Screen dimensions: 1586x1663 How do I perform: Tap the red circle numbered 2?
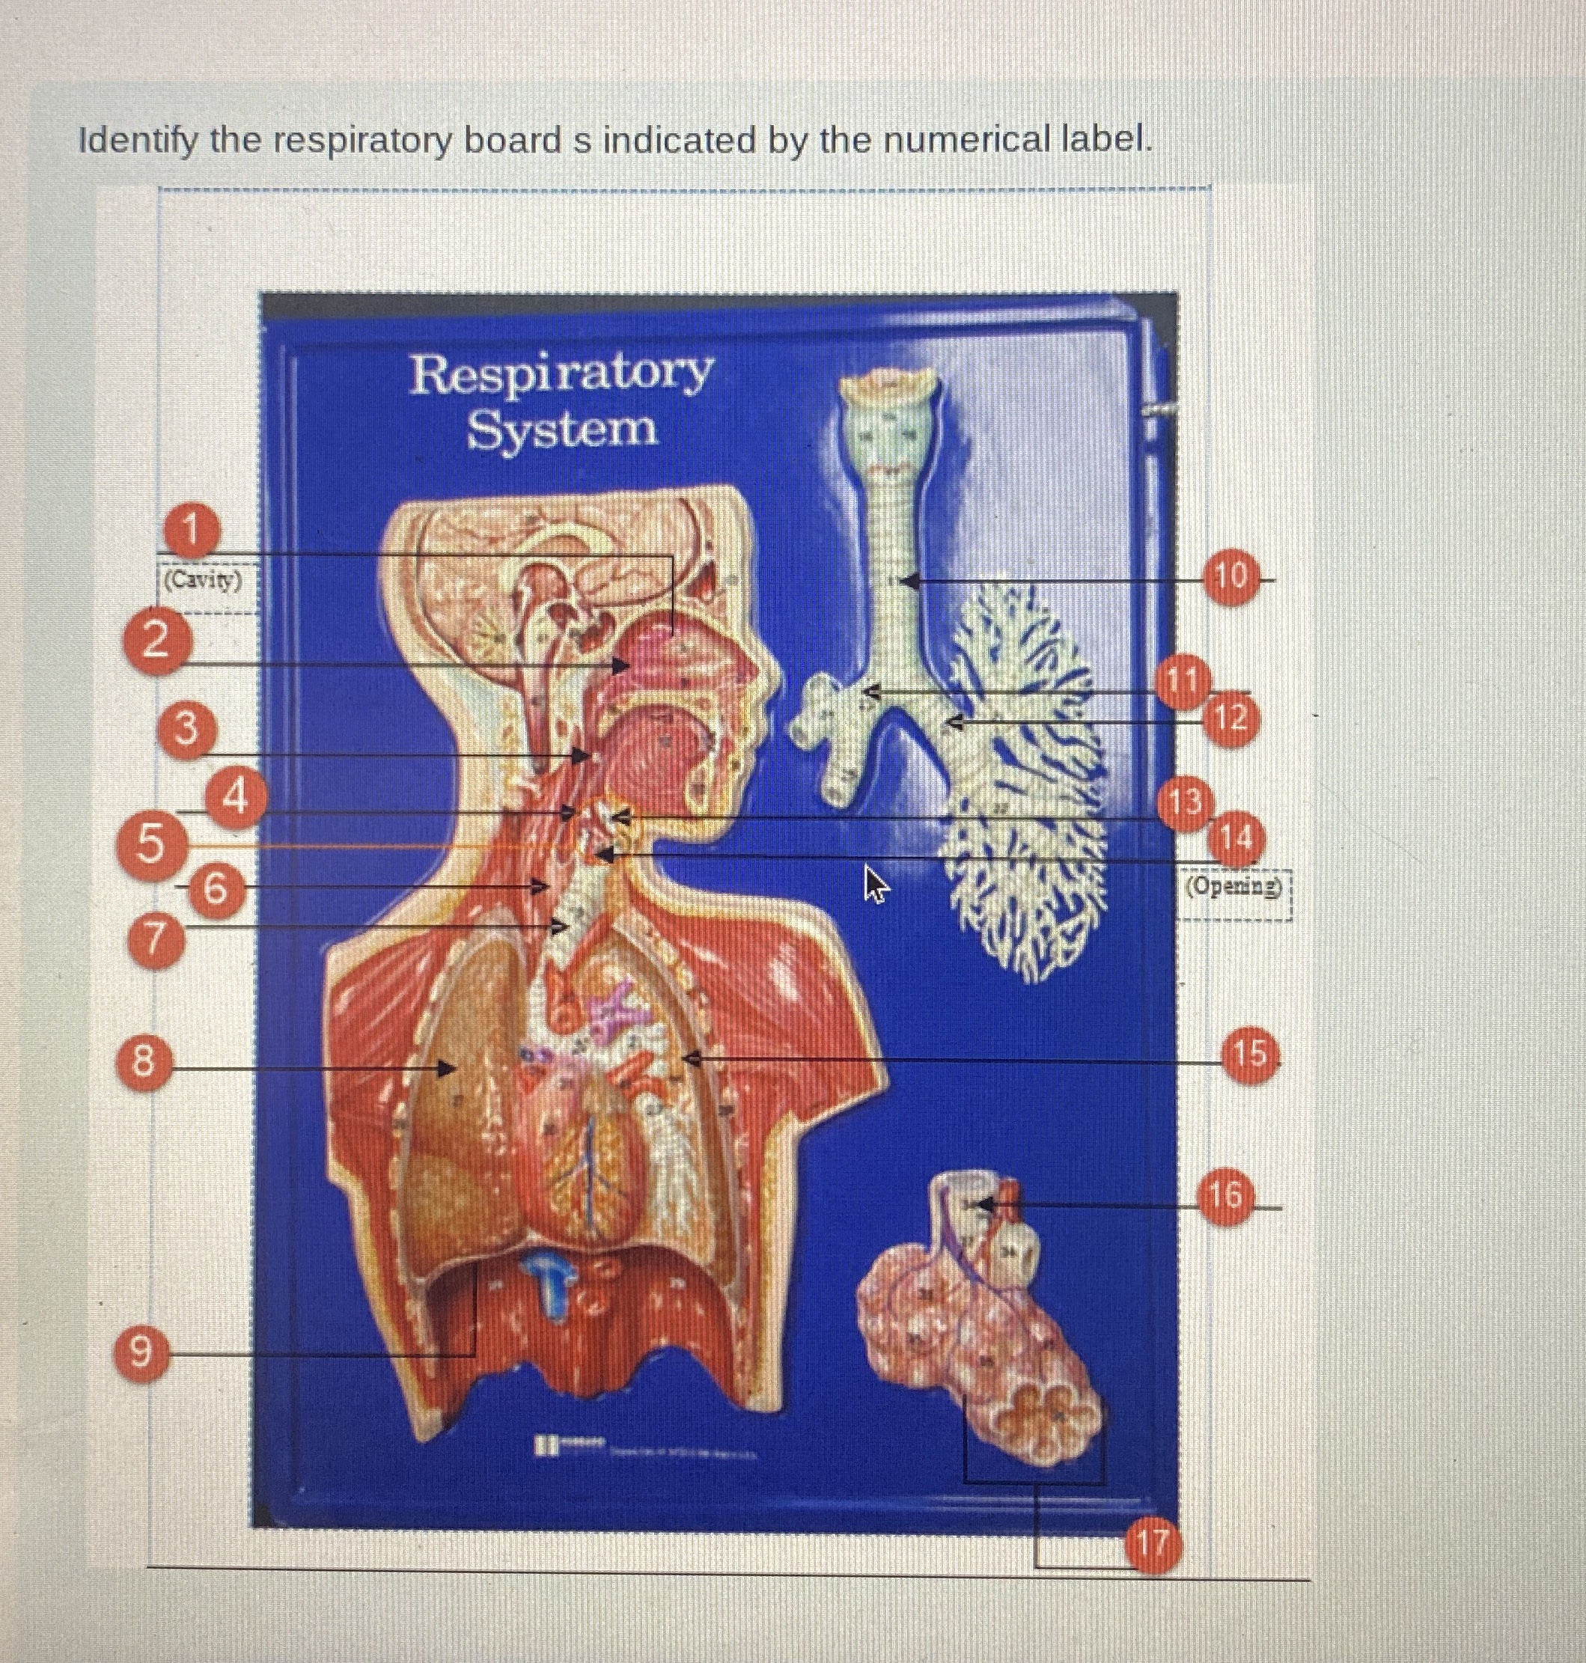click(156, 644)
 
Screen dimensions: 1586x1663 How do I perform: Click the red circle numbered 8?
click(144, 1062)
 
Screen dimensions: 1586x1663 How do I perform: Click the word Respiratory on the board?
click(562, 373)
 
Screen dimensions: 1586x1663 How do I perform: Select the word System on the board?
click(562, 430)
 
